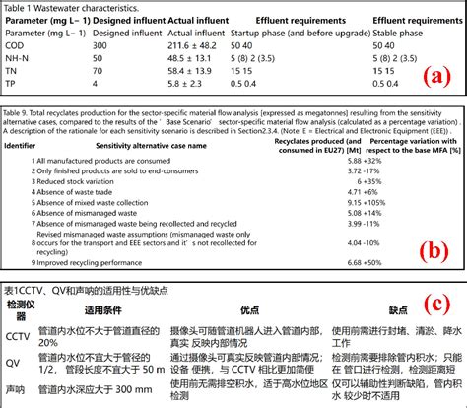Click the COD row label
click(16, 44)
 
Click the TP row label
click(12, 83)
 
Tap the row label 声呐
click(17, 388)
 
